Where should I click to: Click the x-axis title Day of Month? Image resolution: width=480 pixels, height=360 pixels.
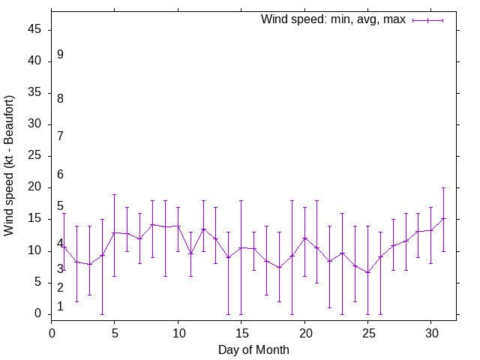253,349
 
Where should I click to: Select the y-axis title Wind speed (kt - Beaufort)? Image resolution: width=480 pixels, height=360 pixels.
10,166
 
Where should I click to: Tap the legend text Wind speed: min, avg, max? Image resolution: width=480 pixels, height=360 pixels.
333,19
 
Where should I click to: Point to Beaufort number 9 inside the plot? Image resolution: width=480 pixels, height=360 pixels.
60,55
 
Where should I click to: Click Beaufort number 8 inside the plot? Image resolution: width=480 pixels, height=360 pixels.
60,98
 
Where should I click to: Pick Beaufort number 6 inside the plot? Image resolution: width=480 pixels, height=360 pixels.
60,175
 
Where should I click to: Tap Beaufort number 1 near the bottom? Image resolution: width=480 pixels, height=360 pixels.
60,307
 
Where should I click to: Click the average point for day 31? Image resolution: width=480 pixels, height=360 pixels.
443,219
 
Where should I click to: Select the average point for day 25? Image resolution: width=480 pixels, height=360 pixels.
367,272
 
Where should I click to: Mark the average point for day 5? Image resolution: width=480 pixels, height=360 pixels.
115,232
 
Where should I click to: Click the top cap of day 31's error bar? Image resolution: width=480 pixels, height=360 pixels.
443,187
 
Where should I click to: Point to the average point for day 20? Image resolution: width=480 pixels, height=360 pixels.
304,238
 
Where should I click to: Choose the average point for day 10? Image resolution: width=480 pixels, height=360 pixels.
178,226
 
